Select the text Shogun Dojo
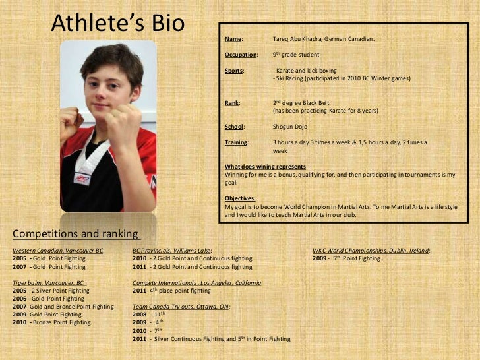tap(289, 127)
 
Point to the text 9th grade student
tap(295, 55)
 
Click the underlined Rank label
tap(233, 103)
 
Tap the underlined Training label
tap(237, 142)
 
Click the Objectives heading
tap(240, 198)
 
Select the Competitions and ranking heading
tap(76, 234)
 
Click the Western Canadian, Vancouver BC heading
tap(58, 251)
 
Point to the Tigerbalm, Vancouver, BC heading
tap(49, 282)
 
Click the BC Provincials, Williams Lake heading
tap(172, 251)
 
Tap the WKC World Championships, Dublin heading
tap(371, 251)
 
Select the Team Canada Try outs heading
tap(181, 307)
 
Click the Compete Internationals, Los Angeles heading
tap(197, 282)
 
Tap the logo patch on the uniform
tap(82, 179)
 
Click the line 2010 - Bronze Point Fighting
tap(52, 322)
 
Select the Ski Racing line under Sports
tap(342, 78)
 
